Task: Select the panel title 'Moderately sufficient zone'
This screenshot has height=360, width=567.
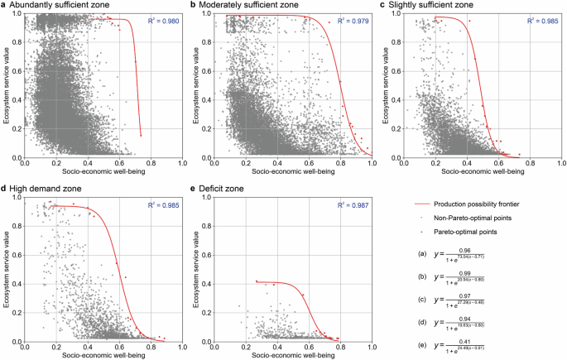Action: click(251, 5)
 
